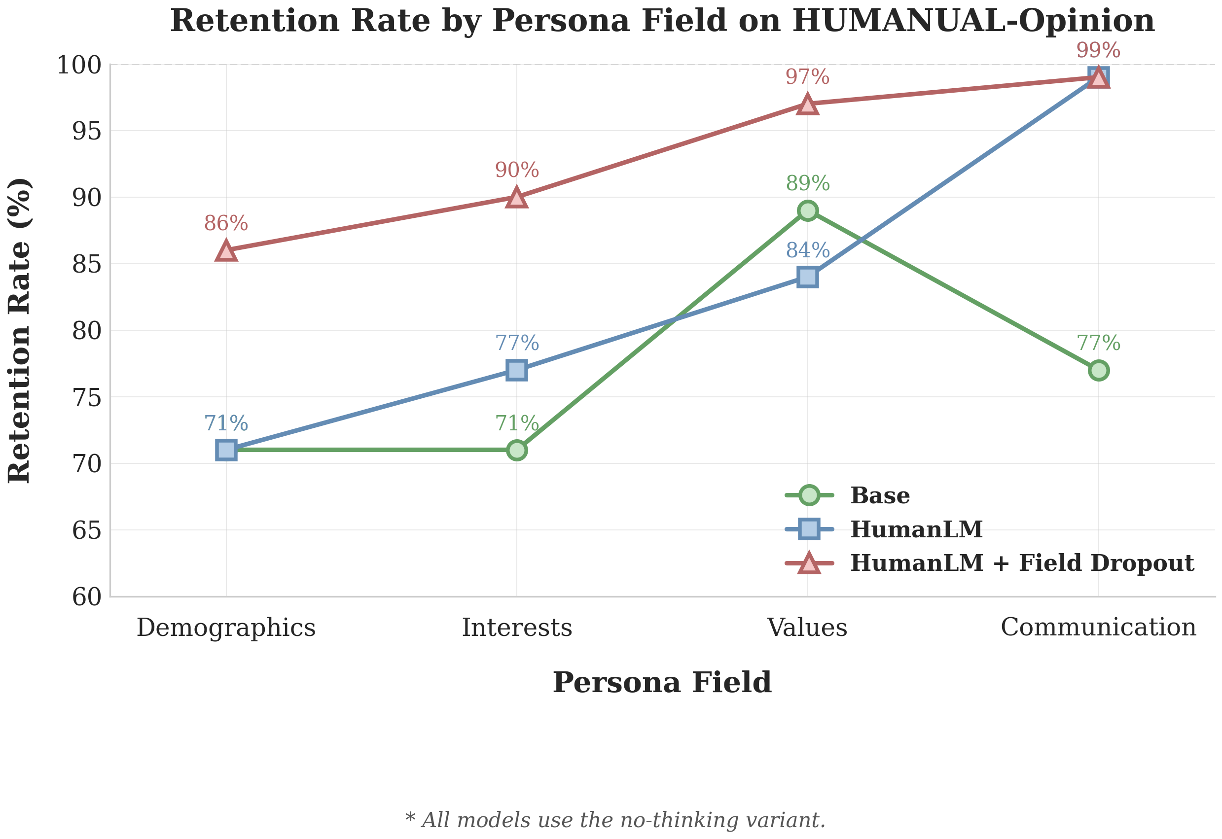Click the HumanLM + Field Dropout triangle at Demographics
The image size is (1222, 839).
pos(226,251)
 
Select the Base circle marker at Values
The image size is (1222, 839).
pos(808,211)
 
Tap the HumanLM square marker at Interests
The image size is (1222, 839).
pos(517,370)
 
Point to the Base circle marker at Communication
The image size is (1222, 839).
pos(1098,370)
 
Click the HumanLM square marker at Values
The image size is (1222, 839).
pos(808,277)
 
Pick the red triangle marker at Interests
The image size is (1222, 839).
pos(517,198)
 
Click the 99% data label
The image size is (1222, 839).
pos(1098,50)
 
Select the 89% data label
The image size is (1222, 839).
pos(808,183)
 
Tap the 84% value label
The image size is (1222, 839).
pos(808,250)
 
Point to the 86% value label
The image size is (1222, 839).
pos(226,223)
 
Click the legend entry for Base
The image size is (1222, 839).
pos(880,495)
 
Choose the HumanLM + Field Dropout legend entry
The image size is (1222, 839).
pos(1022,562)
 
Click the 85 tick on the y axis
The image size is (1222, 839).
pos(87,264)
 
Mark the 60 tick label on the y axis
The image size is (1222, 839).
pos(87,596)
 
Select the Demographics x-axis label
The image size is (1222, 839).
pos(226,628)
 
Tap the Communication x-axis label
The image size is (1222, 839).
pos(1098,627)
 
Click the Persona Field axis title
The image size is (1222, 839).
pos(662,683)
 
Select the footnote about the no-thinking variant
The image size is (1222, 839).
pos(615,820)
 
